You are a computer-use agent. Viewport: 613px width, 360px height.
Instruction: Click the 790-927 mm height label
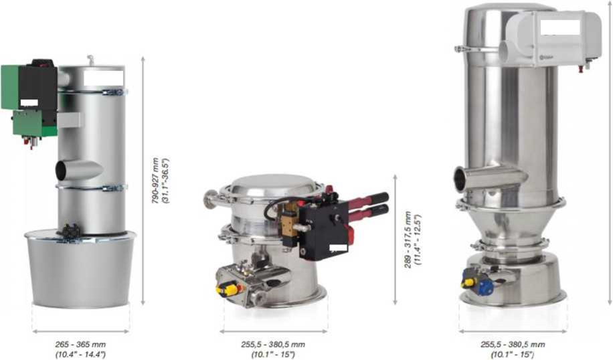coord(156,181)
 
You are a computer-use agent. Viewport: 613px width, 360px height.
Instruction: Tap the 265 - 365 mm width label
coord(80,345)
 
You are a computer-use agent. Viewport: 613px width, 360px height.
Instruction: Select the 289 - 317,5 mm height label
coord(408,240)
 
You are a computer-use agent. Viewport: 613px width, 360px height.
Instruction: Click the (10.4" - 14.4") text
coord(80,355)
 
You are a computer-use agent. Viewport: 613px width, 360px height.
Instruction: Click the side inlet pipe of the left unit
coord(78,170)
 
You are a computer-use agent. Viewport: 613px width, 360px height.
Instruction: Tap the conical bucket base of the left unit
coord(80,269)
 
